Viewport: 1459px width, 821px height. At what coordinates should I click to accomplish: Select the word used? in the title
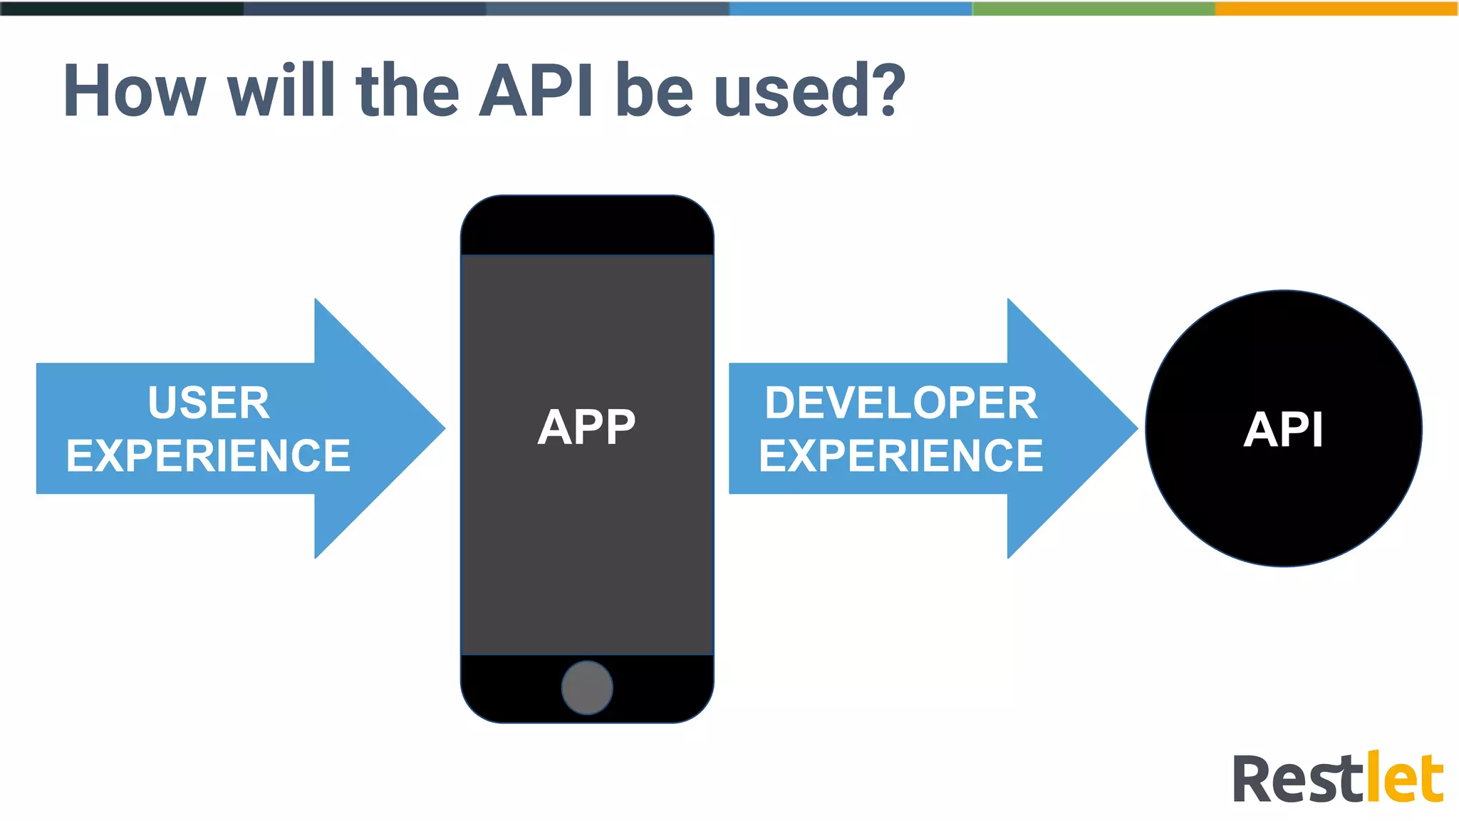click(809, 93)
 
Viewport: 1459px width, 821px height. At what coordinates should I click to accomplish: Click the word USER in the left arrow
click(209, 403)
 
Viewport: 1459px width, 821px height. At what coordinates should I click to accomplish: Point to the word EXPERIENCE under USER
click(208, 456)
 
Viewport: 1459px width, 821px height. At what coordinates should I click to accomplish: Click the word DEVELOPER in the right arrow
click(900, 403)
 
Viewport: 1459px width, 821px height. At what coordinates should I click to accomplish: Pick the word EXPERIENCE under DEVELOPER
click(900, 456)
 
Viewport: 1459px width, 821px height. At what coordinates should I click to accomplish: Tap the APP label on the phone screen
click(586, 428)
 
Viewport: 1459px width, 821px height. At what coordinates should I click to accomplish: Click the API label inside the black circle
click(1283, 430)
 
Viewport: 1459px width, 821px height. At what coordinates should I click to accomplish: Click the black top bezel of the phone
click(586, 224)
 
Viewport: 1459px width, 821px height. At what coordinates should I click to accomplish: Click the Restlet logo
click(1337, 778)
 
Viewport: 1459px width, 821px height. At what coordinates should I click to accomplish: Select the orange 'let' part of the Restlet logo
click(1403, 778)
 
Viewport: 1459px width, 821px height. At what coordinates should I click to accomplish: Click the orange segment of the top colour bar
click(1336, 8)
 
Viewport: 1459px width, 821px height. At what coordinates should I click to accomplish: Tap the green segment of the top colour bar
click(1094, 8)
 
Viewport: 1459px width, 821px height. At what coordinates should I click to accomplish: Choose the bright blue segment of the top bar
click(851, 8)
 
